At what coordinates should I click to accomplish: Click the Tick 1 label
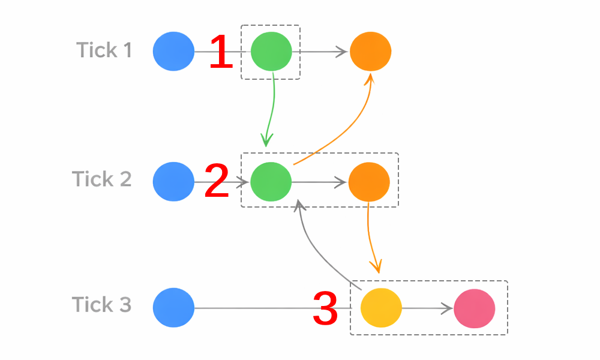tap(104, 50)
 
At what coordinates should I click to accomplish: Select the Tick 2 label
tap(101, 179)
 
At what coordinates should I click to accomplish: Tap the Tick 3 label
tap(101, 305)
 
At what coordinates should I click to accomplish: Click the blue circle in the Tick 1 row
tap(173, 52)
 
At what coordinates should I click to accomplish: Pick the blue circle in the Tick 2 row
tap(173, 181)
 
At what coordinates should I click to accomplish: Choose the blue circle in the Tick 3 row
tap(173, 308)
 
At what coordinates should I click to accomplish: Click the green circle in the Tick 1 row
tap(271, 52)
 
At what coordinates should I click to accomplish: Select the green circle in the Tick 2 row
tap(271, 181)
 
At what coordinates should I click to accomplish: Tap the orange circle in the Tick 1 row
tap(370, 52)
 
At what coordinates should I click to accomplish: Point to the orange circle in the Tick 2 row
tap(369, 181)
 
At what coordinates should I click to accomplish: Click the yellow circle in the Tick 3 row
tap(381, 308)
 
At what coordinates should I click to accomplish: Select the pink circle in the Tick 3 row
tap(474, 308)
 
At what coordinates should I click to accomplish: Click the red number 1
tap(221, 52)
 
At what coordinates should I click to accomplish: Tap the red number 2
tap(217, 182)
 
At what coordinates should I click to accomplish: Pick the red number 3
tap(325, 308)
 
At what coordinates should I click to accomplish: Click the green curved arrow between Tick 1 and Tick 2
tap(272, 108)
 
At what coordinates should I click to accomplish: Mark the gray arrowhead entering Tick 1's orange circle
tap(343, 52)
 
